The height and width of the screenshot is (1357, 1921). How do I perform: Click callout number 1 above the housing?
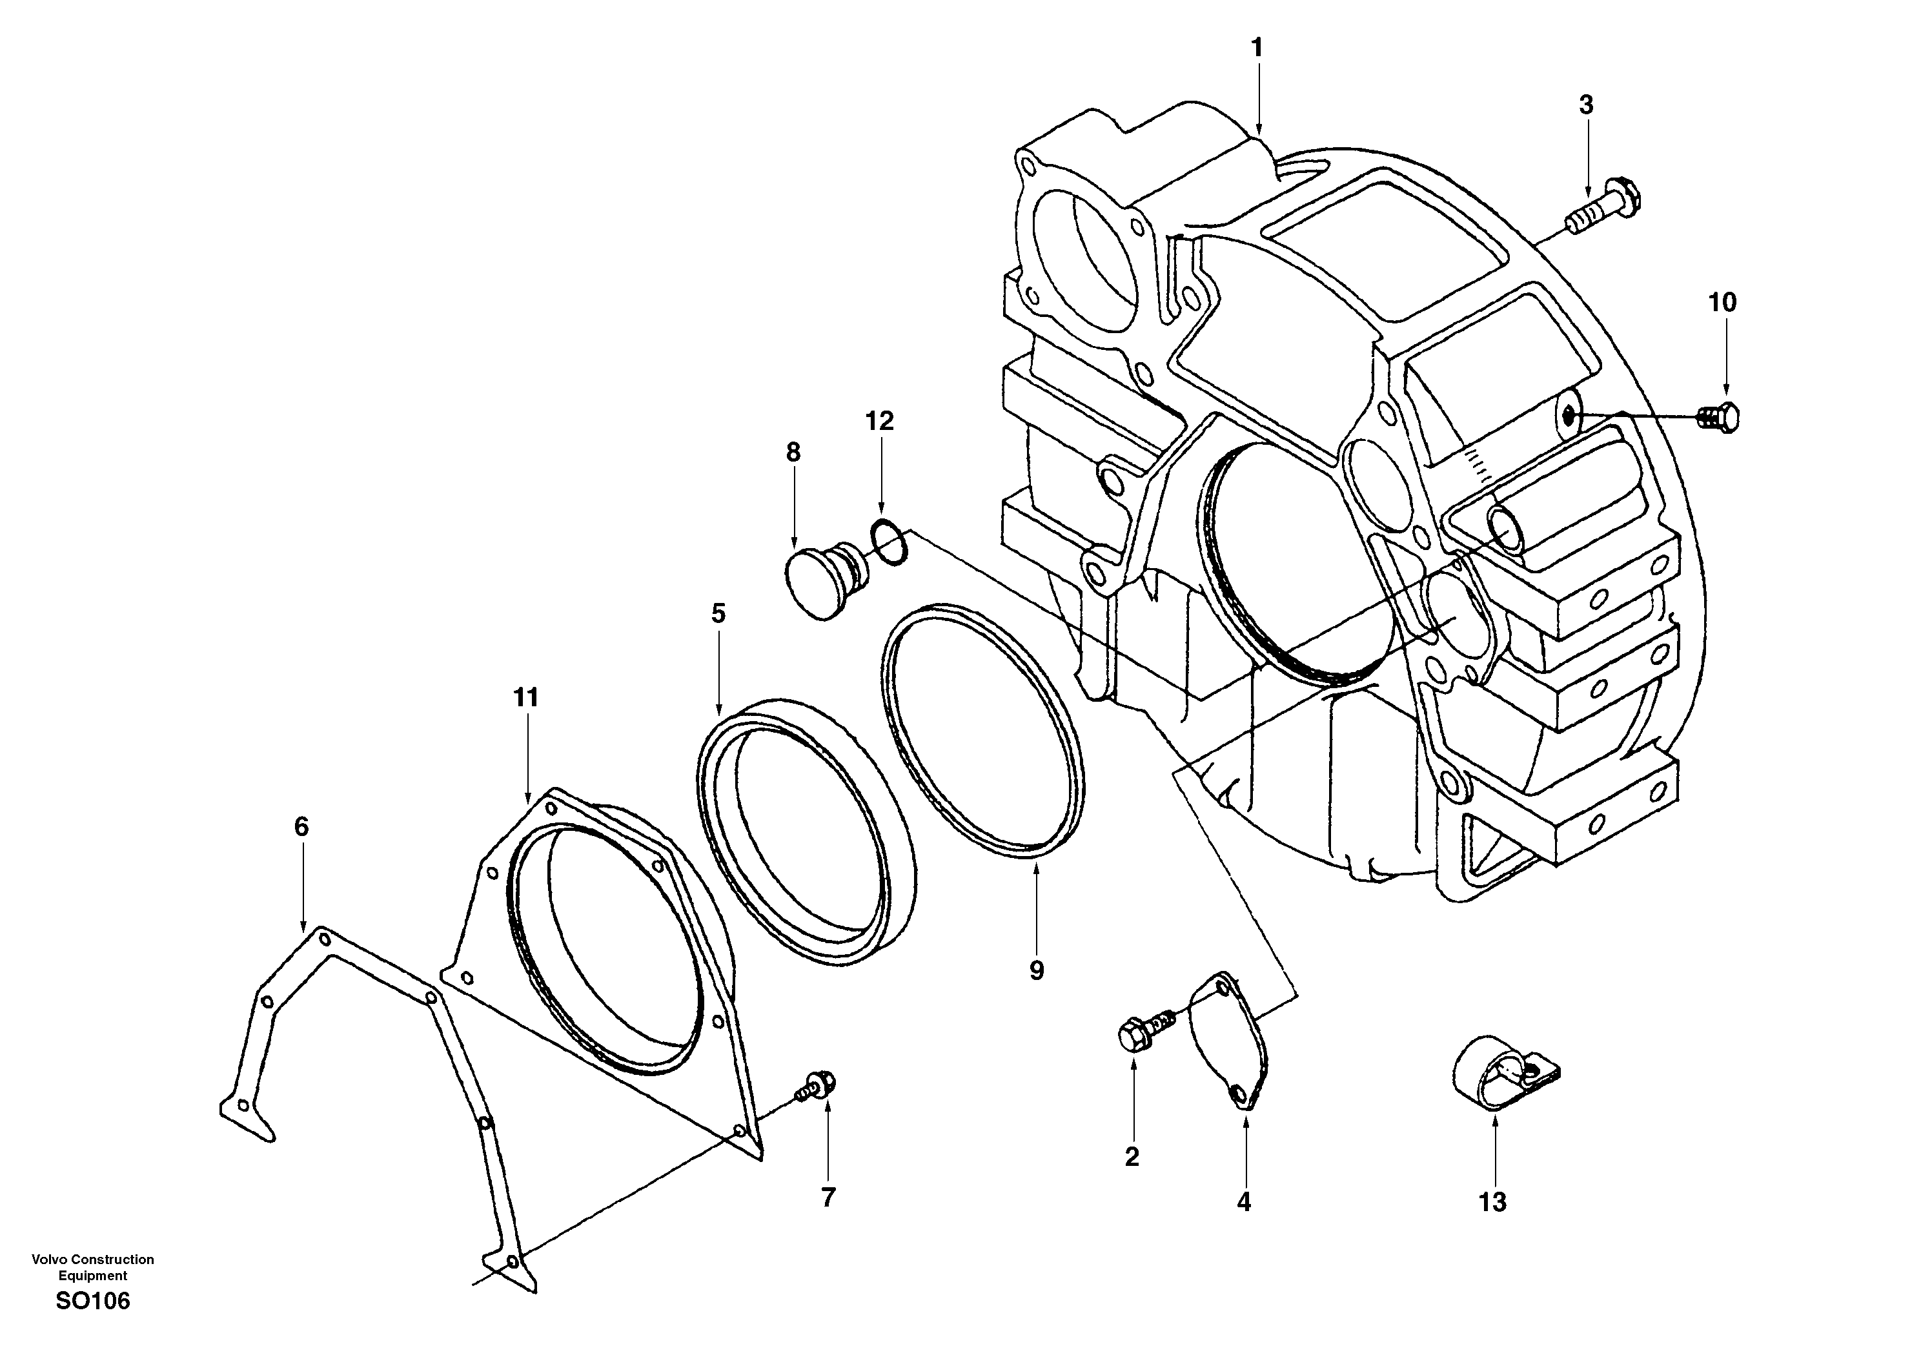pos(1257,48)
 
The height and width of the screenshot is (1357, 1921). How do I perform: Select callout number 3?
pos(1585,105)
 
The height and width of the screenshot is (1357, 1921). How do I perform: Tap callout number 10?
pos(1722,302)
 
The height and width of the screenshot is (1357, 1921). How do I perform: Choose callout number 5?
pos(718,613)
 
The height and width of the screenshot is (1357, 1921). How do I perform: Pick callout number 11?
pos(525,697)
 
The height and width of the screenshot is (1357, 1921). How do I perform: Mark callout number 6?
pos(301,826)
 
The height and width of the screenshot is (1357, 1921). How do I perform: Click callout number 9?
pos(1036,970)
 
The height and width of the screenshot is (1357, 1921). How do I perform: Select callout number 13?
pos(1492,1202)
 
